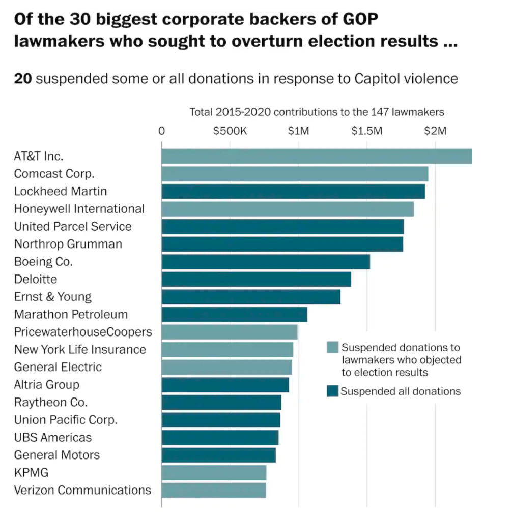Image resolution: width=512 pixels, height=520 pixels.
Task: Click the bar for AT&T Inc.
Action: pos(317,156)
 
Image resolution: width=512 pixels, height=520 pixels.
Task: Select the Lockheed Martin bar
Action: pos(293,191)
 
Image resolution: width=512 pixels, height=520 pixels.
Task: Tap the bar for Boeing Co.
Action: pos(266,262)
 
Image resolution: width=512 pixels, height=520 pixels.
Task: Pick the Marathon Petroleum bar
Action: pos(234,315)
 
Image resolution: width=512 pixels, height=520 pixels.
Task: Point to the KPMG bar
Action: pos(214,473)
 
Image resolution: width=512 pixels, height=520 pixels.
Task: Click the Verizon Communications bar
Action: pos(214,491)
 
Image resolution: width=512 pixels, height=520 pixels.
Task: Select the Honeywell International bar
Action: pos(288,209)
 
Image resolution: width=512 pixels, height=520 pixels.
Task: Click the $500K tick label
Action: pos(230,131)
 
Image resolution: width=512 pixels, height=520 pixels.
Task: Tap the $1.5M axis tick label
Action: pos(366,131)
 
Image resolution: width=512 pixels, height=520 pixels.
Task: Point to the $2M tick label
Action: pos(435,131)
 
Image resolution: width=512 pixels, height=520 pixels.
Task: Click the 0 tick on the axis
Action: pos(162,131)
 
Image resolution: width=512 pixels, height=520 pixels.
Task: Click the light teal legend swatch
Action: pos(332,348)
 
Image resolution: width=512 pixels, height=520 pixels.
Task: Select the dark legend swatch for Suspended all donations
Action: pos(332,391)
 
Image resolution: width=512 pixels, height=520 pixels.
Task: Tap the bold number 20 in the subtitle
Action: pos(23,79)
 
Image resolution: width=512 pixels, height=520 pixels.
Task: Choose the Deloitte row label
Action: pos(36,279)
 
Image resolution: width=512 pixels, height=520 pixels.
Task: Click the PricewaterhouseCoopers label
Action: pos(83,332)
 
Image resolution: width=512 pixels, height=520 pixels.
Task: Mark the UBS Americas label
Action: pos(53,438)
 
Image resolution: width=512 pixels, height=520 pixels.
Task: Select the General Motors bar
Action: pos(219,455)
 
